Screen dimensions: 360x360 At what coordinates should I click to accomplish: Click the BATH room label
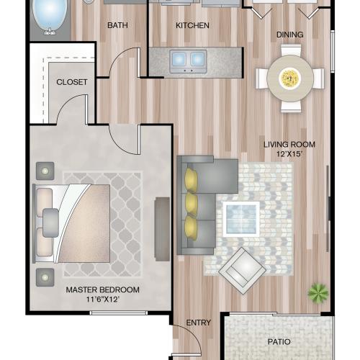tap(117, 26)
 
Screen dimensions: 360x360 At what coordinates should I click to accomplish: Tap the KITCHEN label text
tap(192, 26)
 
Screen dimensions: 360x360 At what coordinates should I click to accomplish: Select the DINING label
tap(289, 35)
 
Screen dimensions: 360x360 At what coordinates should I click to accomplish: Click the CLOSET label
tap(72, 82)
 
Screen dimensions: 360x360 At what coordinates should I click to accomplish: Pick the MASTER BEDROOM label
tap(102, 290)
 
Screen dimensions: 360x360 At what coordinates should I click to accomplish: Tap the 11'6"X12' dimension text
tap(102, 300)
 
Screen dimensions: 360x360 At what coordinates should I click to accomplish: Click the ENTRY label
tap(197, 323)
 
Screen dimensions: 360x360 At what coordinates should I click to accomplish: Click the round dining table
tap(289, 77)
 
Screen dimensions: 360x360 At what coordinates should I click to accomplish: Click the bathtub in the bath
tap(51, 14)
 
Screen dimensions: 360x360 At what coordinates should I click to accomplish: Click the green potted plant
tap(317, 292)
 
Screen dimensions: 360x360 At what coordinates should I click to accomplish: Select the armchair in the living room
tap(243, 270)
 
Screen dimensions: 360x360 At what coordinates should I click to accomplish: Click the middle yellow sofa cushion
tap(192, 202)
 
